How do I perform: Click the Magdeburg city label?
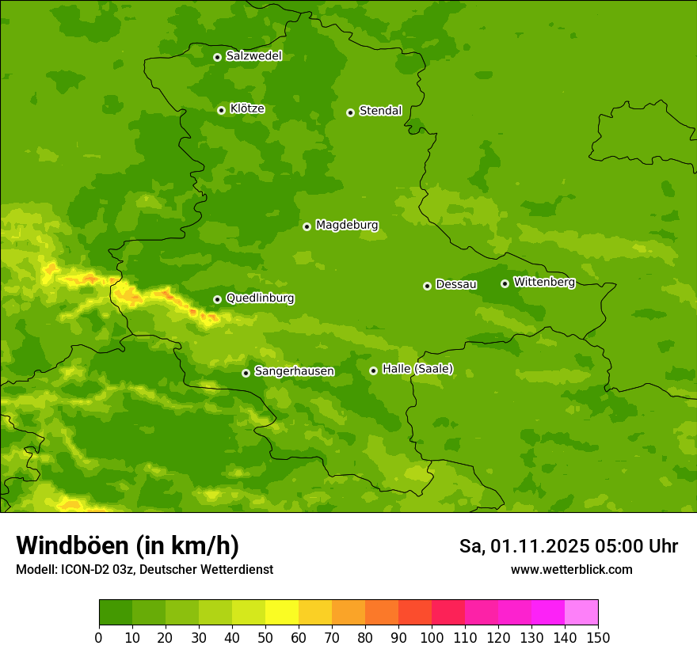(347, 226)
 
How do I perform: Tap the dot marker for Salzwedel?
(217, 57)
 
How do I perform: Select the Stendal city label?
(381, 111)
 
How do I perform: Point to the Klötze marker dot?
(221, 110)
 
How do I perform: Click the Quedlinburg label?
(260, 298)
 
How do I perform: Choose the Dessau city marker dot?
(427, 286)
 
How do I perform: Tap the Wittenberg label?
(544, 282)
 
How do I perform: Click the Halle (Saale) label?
(417, 369)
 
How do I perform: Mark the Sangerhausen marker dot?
(246, 373)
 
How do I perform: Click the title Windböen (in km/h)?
(128, 546)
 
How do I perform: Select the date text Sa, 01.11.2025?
(524, 547)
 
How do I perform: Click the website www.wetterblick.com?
(571, 570)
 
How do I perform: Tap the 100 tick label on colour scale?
(432, 638)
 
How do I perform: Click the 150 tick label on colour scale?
(598, 638)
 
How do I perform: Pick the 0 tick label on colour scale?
(99, 638)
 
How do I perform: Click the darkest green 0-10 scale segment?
(116, 613)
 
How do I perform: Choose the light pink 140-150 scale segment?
(581, 613)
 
